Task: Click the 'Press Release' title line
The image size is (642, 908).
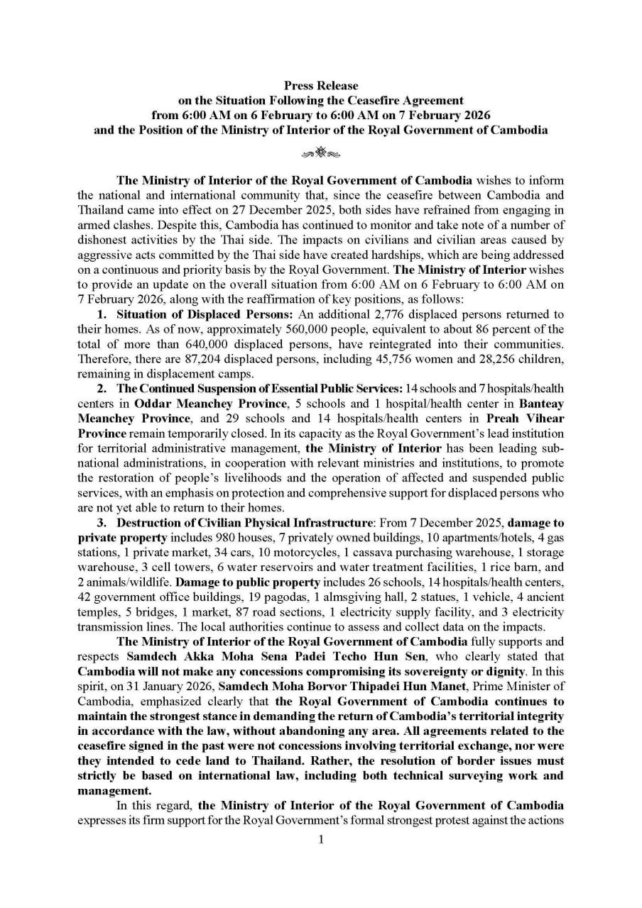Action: (x=321, y=86)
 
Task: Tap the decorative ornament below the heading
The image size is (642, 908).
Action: (x=321, y=150)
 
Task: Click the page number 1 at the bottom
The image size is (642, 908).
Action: (x=321, y=840)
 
